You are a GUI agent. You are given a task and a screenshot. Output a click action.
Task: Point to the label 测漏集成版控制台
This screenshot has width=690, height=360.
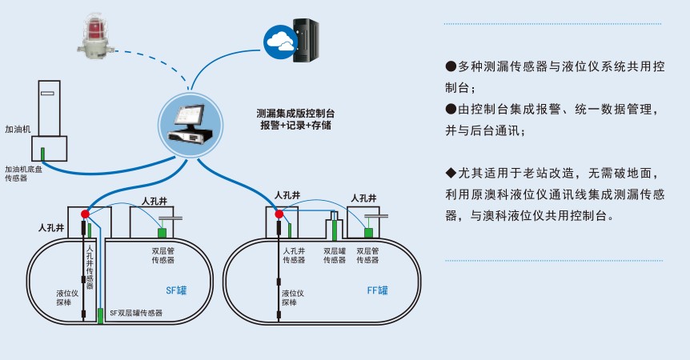pos(295,114)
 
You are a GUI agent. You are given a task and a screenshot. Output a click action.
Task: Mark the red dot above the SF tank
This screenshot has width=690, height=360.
pos(85,214)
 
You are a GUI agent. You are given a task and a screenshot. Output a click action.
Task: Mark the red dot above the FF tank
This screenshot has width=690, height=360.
pos(279,214)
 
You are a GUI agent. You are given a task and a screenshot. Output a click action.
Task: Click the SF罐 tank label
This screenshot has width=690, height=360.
pos(175,290)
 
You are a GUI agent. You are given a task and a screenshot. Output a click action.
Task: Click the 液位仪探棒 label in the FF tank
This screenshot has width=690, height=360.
pos(292,298)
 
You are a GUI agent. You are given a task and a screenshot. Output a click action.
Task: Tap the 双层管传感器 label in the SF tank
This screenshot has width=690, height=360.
pos(165,255)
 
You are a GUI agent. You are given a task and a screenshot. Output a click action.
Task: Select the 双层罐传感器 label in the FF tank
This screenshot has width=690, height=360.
pos(334,255)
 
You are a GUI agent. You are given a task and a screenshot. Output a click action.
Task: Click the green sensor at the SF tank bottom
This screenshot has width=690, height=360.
pos(100,315)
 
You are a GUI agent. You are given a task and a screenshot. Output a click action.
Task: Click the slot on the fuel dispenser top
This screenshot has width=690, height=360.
pos(48,94)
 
